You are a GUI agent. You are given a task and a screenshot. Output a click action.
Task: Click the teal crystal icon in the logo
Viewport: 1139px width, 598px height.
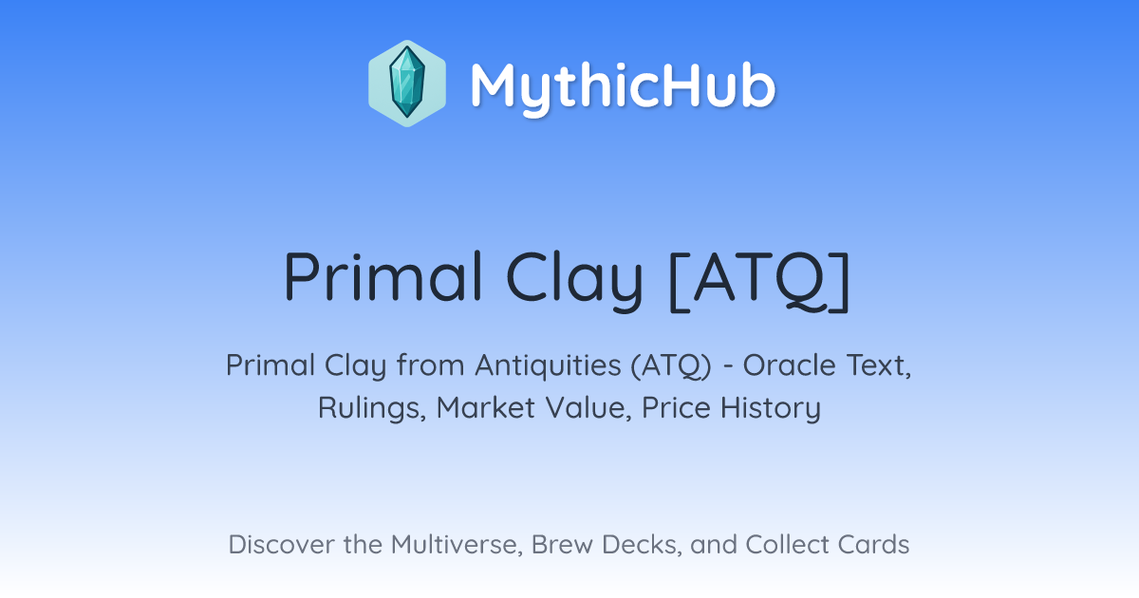click(407, 83)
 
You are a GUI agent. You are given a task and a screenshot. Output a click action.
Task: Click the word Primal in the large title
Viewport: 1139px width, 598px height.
click(383, 276)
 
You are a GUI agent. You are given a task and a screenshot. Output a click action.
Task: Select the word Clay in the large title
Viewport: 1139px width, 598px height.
click(574, 280)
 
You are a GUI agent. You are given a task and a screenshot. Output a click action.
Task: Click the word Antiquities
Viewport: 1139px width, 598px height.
click(548, 365)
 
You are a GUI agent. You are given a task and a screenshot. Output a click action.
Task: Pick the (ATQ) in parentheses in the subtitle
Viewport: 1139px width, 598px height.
click(671, 365)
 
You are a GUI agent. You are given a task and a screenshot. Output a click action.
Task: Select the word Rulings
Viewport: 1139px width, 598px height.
click(372, 408)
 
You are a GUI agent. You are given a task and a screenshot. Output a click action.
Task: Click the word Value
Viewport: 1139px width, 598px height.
click(588, 408)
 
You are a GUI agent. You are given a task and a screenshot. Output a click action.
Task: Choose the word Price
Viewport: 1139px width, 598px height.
click(676, 407)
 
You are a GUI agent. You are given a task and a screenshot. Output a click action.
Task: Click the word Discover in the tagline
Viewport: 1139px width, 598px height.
click(282, 544)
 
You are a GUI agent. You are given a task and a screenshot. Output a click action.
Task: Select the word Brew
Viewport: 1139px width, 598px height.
click(562, 544)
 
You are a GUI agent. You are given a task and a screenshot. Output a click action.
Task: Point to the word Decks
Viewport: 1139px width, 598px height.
click(642, 545)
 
